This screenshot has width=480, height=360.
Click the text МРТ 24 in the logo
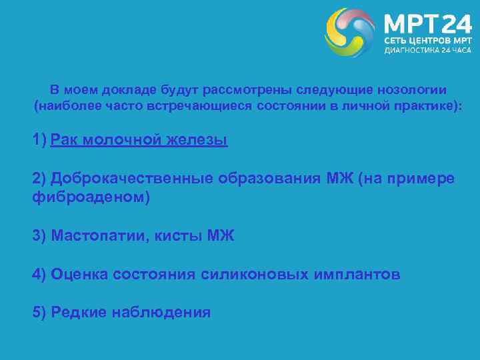pos(427,25)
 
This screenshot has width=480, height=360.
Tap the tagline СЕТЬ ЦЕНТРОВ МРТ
pos(427,41)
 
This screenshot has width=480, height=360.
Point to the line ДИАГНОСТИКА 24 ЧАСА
pos(427,51)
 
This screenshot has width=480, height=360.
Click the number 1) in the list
pos(39,140)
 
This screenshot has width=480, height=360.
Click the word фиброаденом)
pos(91,197)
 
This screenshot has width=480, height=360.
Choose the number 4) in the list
pos(39,274)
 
